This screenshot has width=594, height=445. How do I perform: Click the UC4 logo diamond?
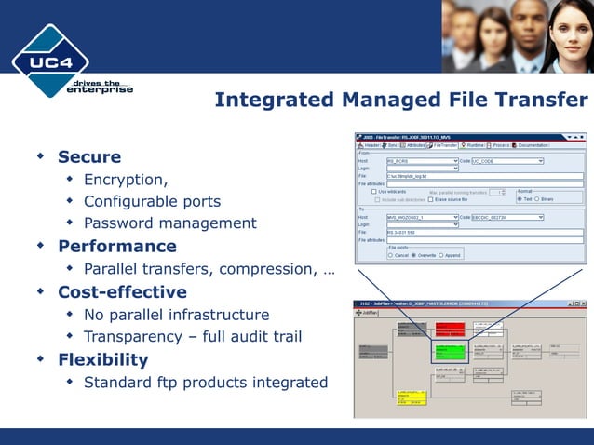[50, 61]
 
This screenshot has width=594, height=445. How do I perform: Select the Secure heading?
[89, 156]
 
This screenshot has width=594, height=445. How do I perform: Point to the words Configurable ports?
[152, 201]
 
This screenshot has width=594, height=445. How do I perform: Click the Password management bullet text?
[169, 223]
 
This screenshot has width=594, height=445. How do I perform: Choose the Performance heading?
[117, 246]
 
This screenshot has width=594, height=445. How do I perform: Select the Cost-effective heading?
[123, 291]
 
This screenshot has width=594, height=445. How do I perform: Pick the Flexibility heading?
[103, 359]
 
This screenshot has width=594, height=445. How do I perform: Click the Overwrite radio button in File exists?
[415, 254]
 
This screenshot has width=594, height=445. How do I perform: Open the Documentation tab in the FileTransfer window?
[533, 145]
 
